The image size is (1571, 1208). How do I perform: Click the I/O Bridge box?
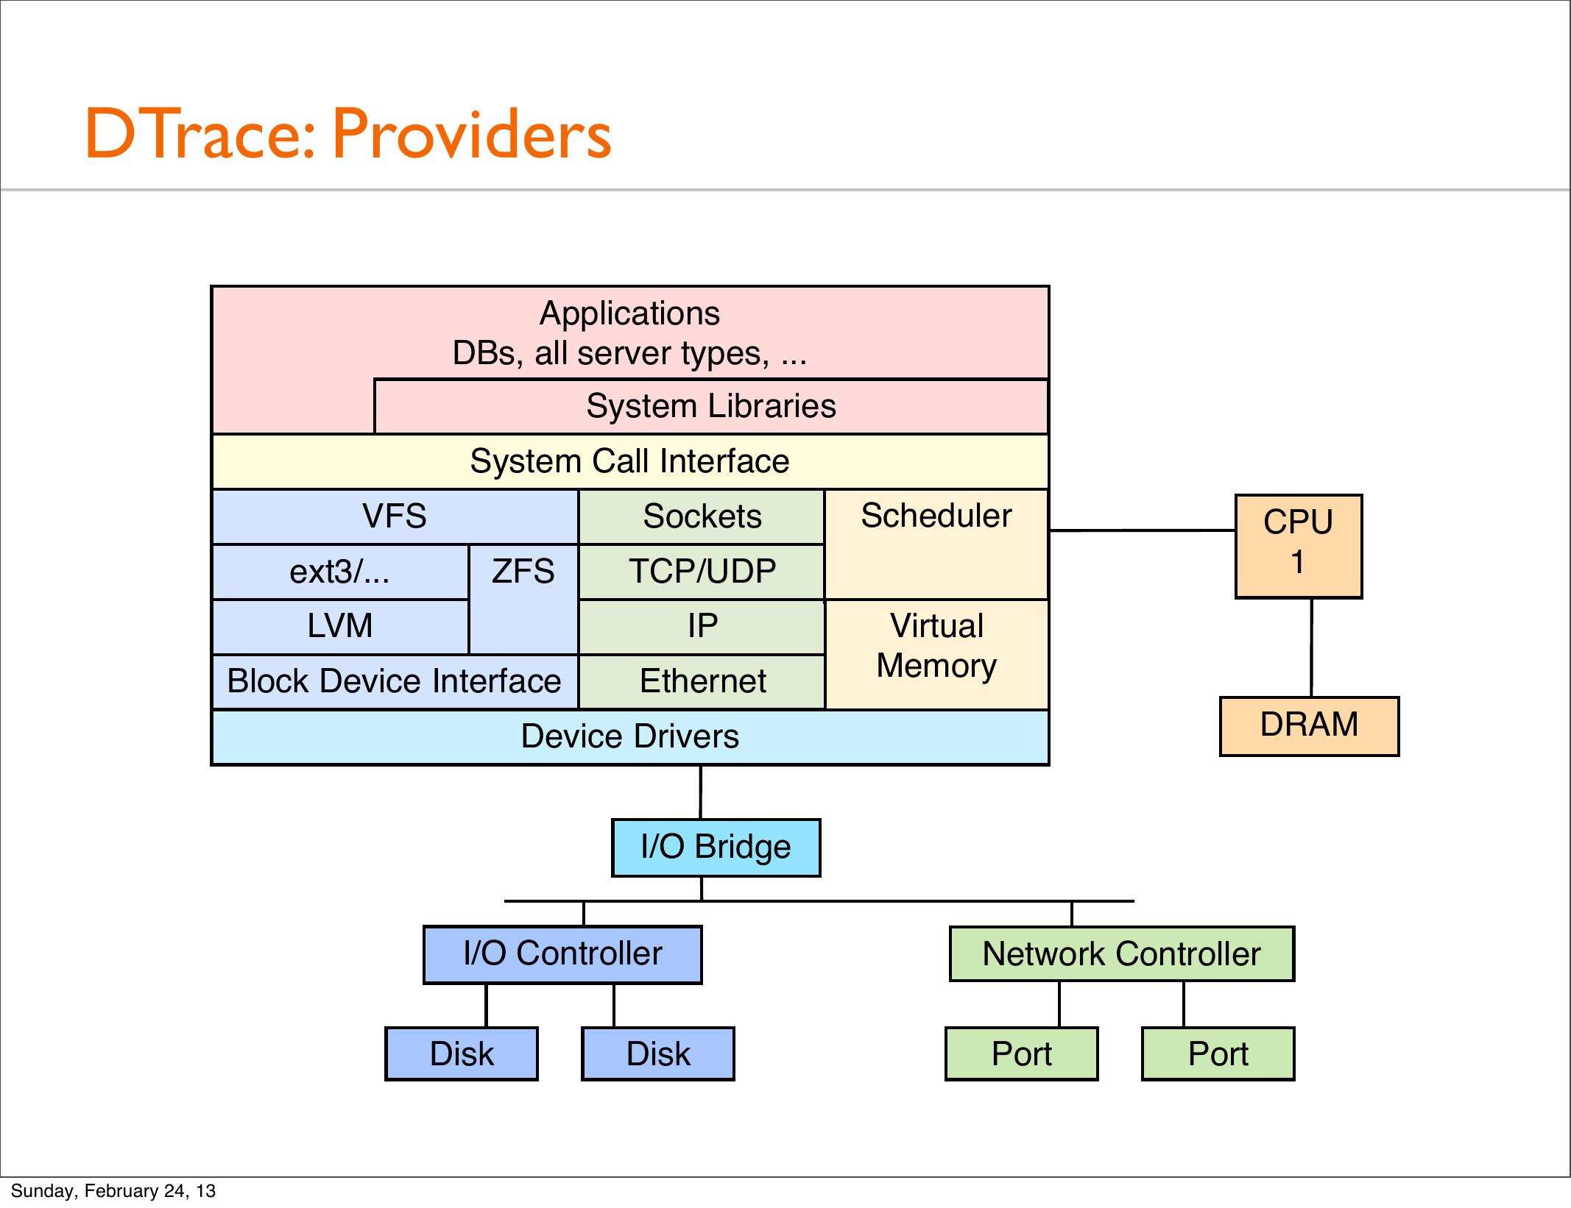point(716,848)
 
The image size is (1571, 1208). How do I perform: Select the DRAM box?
point(1309,725)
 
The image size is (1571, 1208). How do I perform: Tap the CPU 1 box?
point(1299,546)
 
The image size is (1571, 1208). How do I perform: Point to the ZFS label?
point(523,572)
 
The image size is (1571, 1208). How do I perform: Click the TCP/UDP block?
point(702,572)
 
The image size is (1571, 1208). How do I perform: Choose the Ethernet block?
point(702,682)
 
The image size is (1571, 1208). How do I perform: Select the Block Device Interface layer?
point(395,682)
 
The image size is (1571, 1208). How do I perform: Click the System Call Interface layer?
point(630,461)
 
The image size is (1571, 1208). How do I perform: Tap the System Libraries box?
point(711,406)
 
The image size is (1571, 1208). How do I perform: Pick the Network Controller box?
point(1121,953)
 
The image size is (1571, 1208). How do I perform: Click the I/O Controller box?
point(562,954)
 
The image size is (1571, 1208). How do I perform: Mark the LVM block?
point(340,627)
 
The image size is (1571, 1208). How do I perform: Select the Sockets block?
point(702,516)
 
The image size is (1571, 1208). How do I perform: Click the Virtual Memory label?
point(936,646)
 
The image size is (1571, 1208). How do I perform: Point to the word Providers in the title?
point(472,134)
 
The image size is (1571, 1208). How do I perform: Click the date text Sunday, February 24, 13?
point(113,1190)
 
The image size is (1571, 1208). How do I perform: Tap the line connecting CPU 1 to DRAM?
point(1311,647)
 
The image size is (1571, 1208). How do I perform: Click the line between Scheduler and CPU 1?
point(1142,530)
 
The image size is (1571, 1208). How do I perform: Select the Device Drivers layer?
point(630,737)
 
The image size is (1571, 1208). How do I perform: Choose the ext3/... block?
point(340,572)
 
